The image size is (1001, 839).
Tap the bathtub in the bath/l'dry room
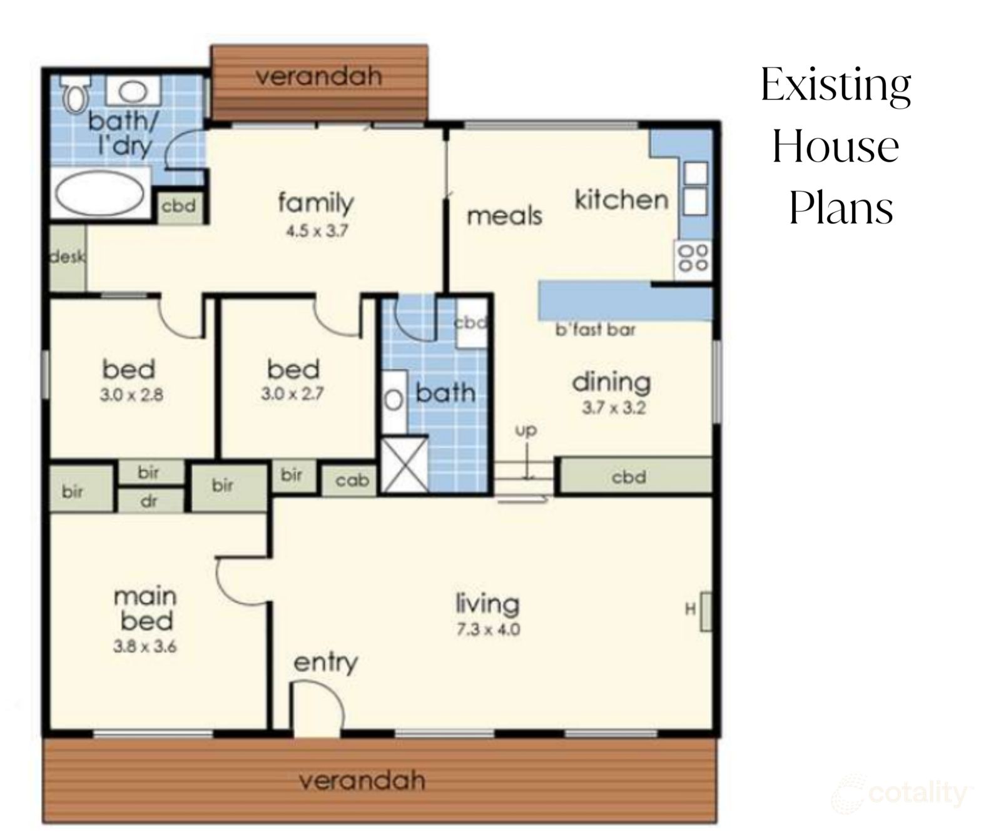point(100,192)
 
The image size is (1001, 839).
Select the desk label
point(68,257)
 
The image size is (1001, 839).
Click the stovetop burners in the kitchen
point(693,258)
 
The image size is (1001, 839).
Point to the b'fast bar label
point(595,330)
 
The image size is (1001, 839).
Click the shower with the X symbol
point(405,464)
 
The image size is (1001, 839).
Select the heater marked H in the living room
point(705,611)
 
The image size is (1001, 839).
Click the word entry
point(325,663)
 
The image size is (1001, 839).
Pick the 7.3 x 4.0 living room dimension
point(488,629)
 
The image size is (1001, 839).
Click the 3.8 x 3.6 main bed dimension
point(145,647)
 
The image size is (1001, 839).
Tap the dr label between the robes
point(149,501)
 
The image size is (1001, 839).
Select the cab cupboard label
point(352,481)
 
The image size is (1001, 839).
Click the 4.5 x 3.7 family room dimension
point(317,231)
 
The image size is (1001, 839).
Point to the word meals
point(504,216)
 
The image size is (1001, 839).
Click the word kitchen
point(621,200)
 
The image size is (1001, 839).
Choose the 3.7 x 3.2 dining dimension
point(614,408)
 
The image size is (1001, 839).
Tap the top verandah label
point(318,76)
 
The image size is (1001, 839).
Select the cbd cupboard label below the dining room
point(629,477)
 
